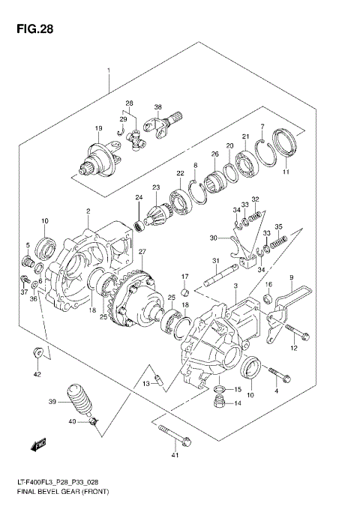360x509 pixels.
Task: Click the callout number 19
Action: tap(98, 129)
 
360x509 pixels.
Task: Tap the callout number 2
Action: tap(88, 211)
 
